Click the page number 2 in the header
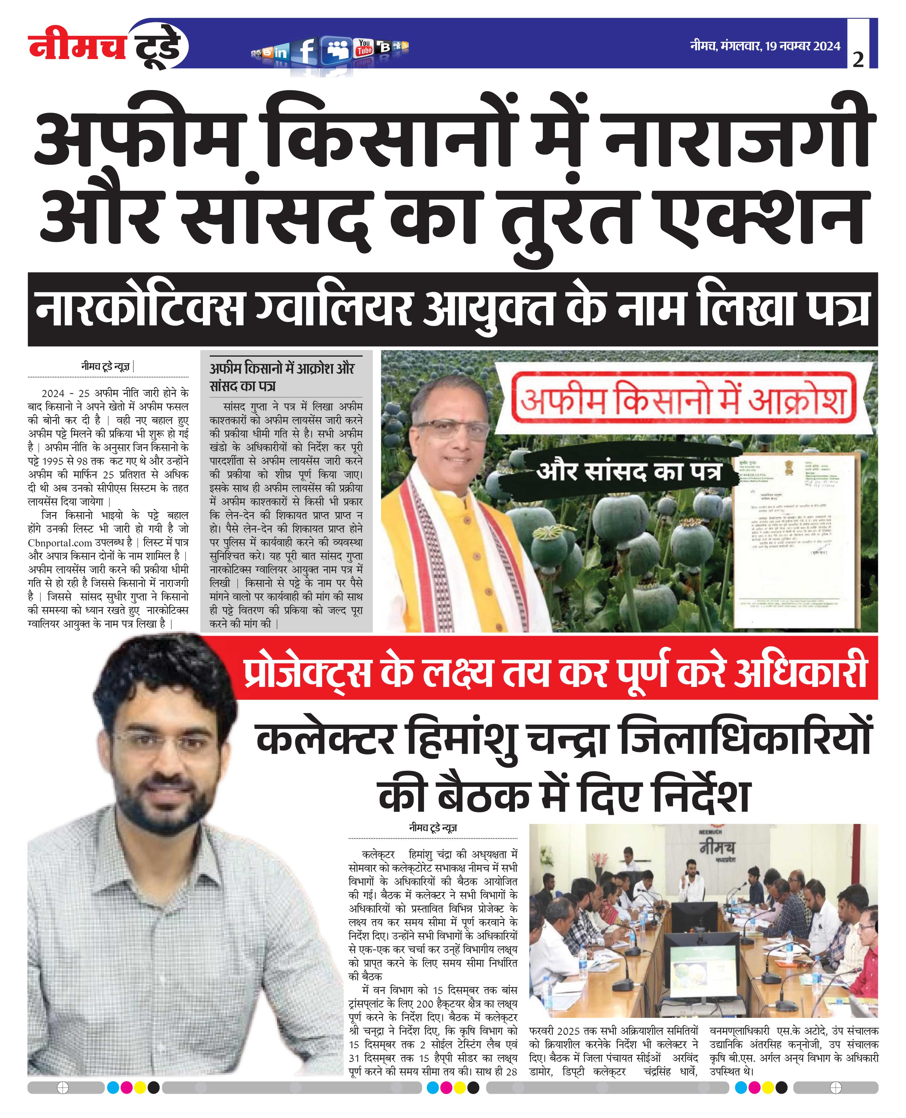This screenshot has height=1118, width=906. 858,60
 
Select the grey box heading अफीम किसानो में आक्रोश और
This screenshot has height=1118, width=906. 282,369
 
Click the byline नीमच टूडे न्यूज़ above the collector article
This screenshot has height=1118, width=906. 433,828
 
